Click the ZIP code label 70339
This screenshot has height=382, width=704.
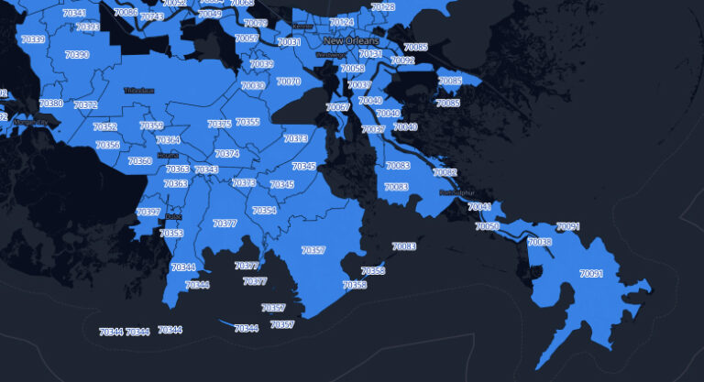point(32,40)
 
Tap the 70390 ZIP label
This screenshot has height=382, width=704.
point(77,55)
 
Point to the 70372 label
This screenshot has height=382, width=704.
point(85,105)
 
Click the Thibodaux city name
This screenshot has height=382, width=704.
point(140,90)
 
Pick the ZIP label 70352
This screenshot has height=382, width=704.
point(104,127)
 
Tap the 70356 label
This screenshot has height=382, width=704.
point(107,145)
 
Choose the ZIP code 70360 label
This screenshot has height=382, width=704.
point(140,161)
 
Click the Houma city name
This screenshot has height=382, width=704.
point(168,156)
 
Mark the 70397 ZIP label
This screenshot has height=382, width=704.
point(148,213)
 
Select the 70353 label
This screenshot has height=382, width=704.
point(171,234)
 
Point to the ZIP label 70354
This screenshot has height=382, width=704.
point(264,211)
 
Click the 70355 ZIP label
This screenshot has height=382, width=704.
point(247,122)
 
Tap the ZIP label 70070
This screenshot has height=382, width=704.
point(288,82)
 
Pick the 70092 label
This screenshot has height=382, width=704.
point(402,60)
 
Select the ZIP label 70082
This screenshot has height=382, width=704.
point(445,172)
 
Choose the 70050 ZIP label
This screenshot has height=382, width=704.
point(488,226)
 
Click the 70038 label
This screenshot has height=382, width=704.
point(540,242)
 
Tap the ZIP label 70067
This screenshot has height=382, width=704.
point(338,108)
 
